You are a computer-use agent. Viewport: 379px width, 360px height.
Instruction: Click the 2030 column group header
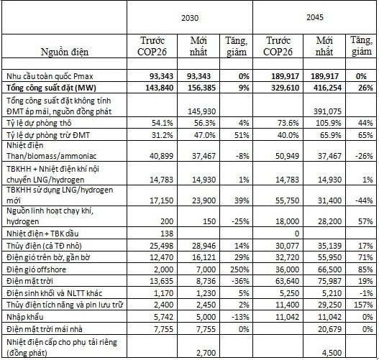[x=190, y=18]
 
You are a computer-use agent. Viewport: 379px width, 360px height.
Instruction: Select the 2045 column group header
[x=315, y=17]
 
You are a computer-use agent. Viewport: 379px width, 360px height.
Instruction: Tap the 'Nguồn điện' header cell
[x=65, y=52]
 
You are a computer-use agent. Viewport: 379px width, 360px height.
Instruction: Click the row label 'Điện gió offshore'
[x=36, y=269]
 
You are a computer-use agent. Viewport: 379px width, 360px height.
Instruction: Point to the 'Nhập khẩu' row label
[x=25, y=317]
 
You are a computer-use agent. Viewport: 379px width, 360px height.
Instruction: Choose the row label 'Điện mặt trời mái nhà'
[x=45, y=329]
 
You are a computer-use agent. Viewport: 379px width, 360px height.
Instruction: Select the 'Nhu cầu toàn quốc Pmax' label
[x=50, y=76]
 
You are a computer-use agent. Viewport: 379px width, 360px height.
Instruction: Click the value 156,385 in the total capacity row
[x=201, y=88]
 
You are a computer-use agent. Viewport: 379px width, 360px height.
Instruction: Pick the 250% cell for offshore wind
[x=239, y=269]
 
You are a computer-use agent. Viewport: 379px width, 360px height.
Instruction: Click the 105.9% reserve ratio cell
[x=329, y=123]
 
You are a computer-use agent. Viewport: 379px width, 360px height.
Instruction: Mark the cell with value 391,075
[x=327, y=111]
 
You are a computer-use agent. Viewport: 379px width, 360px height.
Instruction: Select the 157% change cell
[x=363, y=305]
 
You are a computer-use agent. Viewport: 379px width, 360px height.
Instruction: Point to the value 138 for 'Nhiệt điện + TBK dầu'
[x=167, y=234]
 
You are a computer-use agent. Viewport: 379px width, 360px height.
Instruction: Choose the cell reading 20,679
[x=329, y=329]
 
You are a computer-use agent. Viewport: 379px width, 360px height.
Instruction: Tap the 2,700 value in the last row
[x=206, y=353]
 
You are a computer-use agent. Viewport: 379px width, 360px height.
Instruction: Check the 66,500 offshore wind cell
[x=329, y=269]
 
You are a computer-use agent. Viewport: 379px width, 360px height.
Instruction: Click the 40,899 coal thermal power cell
[x=162, y=156]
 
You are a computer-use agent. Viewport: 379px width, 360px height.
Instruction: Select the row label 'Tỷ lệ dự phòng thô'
[x=39, y=123]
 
